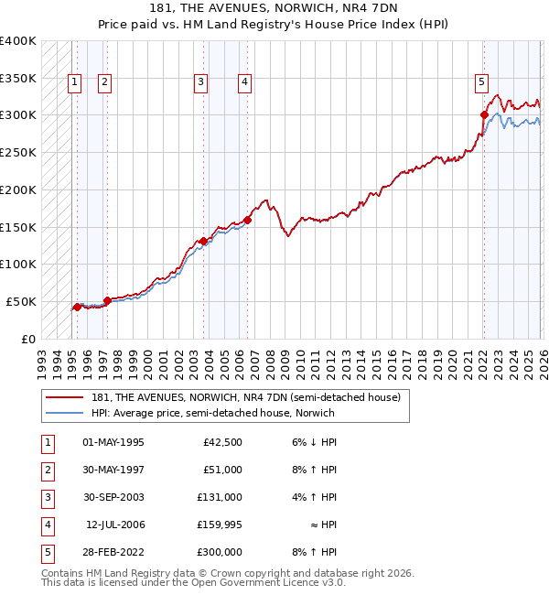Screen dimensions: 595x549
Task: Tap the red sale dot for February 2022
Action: pyautogui.click(x=484, y=114)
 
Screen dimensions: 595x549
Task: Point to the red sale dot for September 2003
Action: pyautogui.click(x=203, y=241)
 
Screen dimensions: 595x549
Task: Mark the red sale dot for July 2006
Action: pyautogui.click(x=247, y=220)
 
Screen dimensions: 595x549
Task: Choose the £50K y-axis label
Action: pyautogui.click(x=20, y=301)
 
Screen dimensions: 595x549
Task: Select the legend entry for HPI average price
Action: pyautogui.click(x=212, y=413)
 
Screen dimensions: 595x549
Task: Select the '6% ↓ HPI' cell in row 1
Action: pyautogui.click(x=312, y=442)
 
